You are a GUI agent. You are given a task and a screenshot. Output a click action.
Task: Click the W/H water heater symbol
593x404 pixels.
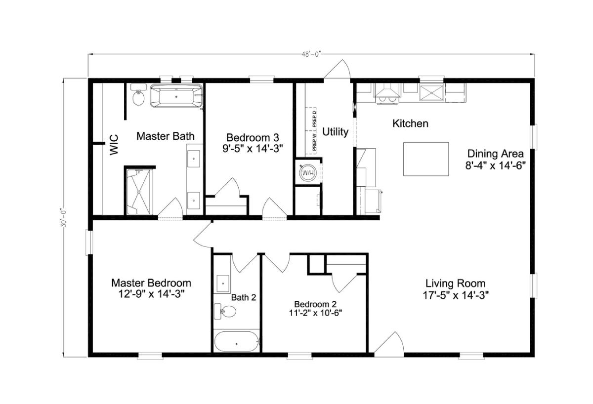[308, 173]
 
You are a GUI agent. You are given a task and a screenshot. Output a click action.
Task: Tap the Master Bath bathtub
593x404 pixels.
[176, 95]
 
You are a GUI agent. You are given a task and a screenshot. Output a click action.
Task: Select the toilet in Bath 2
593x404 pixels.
[225, 312]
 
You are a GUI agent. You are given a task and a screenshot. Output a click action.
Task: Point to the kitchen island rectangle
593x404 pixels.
[425, 159]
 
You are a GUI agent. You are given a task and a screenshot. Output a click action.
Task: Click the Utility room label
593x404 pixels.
[335, 131]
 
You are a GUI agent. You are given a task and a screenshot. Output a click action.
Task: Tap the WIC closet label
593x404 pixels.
[114, 145]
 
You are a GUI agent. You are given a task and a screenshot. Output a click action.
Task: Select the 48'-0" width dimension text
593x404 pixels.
[311, 54]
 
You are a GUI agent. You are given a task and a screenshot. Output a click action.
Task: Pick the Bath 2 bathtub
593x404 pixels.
[236, 341]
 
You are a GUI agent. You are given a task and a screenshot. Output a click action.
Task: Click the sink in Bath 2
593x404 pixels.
[223, 283]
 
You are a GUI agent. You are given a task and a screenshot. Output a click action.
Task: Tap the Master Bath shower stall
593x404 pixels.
[138, 192]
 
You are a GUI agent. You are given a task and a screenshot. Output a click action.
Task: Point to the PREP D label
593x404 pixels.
[314, 119]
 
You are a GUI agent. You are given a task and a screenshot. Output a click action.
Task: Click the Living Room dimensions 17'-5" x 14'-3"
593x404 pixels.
[456, 295]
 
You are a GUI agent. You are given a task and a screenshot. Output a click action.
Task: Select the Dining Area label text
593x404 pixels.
[495, 154]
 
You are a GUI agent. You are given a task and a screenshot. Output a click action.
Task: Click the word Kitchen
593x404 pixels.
[410, 123]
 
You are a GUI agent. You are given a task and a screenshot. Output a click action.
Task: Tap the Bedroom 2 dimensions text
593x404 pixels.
[315, 313]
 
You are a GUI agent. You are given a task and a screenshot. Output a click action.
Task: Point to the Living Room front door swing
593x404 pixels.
[389, 342]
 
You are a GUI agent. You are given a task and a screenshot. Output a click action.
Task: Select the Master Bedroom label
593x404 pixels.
[151, 283]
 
